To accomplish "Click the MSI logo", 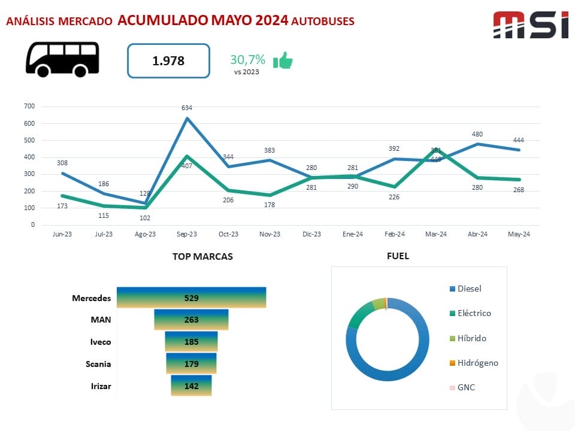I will [x=530, y=25].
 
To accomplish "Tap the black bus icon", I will [x=62, y=59].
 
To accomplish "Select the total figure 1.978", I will [x=168, y=60].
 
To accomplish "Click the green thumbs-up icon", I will [x=282, y=60].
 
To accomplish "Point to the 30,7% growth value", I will [x=247, y=60].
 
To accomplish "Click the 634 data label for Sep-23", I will [x=187, y=108].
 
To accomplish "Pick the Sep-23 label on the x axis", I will [x=187, y=234].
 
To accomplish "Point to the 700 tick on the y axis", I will [x=29, y=107].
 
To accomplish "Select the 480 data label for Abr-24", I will [x=477, y=134].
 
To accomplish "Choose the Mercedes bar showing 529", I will [x=191, y=298].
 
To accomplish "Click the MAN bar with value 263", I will [x=191, y=320].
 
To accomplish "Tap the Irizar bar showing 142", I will [x=191, y=386].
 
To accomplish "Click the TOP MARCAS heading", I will [x=202, y=256].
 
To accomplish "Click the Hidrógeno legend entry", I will [x=477, y=363].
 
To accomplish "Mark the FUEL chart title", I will [x=398, y=256].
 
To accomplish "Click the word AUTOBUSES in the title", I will [x=323, y=21].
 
